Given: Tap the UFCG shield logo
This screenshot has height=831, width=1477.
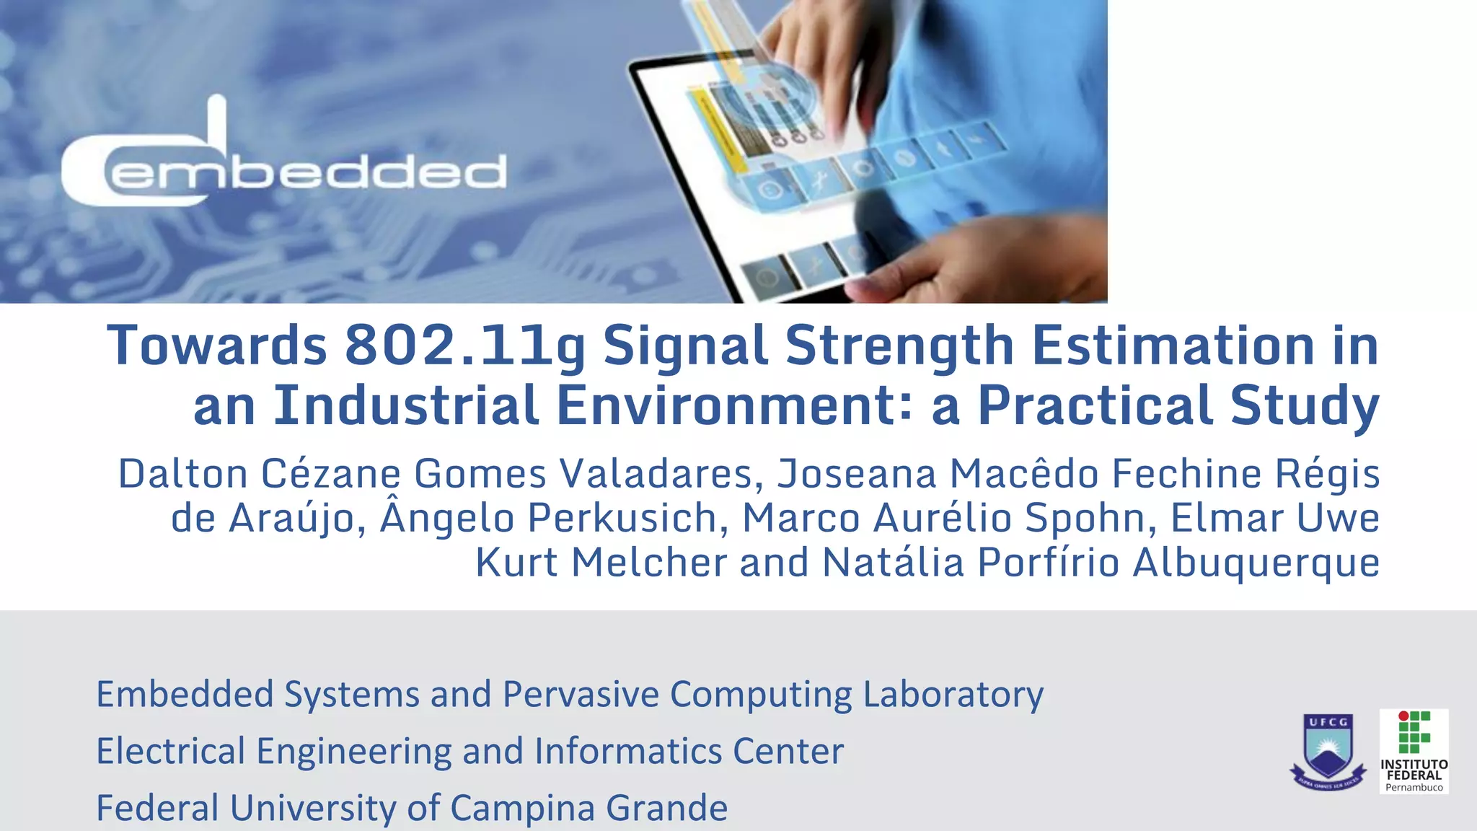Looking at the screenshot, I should (1328, 751).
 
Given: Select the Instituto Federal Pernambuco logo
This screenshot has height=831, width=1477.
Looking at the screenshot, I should (1414, 751).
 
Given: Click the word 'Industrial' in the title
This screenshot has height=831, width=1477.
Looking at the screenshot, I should (406, 405).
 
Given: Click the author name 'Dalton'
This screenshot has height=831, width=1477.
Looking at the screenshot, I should (183, 475).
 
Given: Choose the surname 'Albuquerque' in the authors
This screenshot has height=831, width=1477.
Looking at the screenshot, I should (1256, 563).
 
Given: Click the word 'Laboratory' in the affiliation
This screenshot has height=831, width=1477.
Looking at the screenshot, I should (953, 695).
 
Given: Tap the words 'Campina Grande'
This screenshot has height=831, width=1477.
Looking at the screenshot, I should (588, 808).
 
